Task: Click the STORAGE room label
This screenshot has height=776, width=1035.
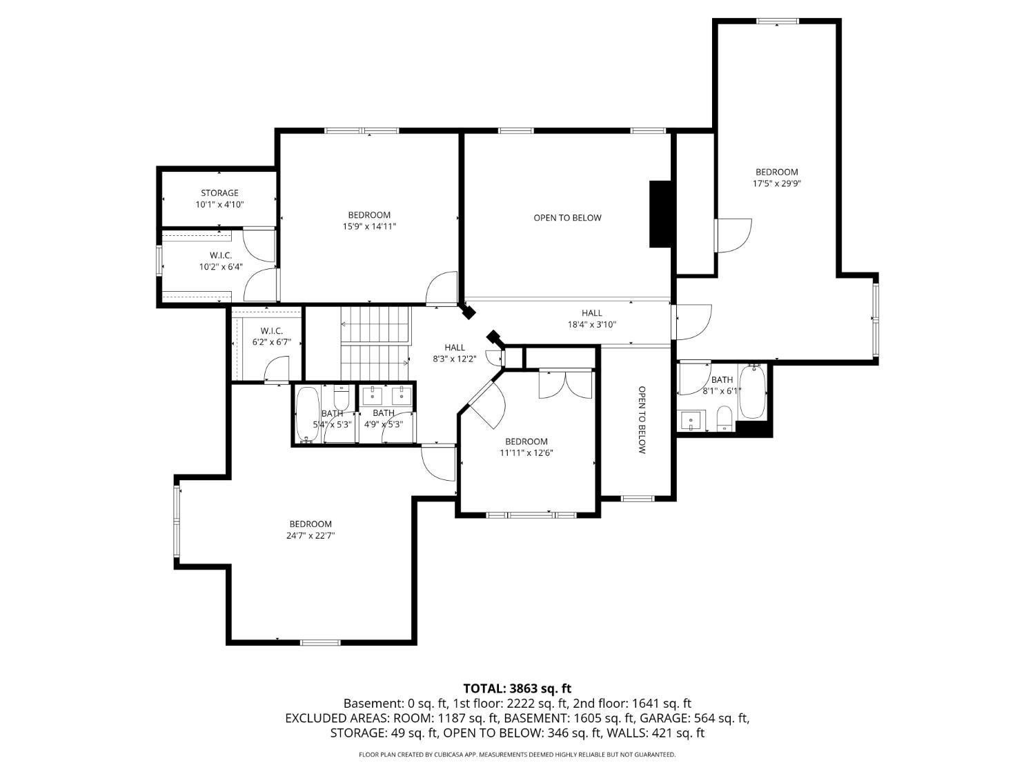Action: [x=219, y=192]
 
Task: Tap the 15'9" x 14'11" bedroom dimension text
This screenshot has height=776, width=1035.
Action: [x=369, y=227]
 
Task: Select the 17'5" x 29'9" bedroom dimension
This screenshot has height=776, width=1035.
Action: [x=777, y=183]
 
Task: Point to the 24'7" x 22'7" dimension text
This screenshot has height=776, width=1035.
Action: [x=310, y=536]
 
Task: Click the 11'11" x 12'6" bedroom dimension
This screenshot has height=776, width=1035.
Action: [x=526, y=453]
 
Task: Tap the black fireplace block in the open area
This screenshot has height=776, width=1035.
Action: [x=660, y=214]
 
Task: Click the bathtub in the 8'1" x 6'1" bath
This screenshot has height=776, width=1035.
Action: [x=752, y=392]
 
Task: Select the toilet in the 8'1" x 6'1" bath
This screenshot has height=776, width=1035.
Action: [x=724, y=419]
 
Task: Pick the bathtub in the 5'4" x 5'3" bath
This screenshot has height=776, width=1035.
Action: [x=308, y=415]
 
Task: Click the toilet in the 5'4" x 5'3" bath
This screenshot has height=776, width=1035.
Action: [x=341, y=398]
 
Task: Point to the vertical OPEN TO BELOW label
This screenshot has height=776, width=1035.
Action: [x=642, y=420]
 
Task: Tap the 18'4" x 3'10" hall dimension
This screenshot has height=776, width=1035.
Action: [x=592, y=325]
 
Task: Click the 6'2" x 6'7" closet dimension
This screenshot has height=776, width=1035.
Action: [x=272, y=343]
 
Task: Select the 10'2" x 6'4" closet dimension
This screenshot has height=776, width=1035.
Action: [x=221, y=267]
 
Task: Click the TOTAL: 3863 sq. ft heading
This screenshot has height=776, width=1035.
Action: [x=517, y=689]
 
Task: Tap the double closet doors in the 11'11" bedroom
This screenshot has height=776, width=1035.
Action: [x=566, y=384]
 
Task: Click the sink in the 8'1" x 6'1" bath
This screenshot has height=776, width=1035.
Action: [x=692, y=420]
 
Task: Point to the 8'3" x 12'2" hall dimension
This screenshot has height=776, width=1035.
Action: [x=455, y=359]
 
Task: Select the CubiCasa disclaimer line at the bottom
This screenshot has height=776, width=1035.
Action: [x=517, y=755]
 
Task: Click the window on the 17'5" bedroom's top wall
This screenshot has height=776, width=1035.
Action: [x=778, y=21]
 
